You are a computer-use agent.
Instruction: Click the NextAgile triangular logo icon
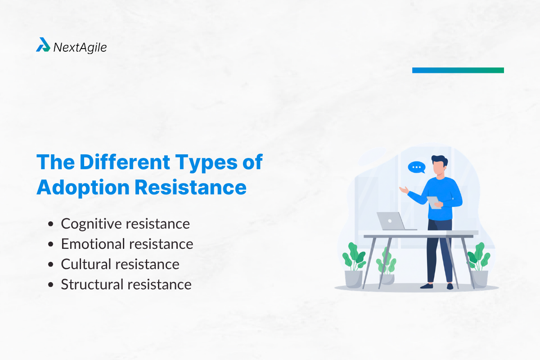43,45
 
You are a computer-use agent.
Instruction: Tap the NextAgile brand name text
80,47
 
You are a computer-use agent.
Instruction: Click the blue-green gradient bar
458,70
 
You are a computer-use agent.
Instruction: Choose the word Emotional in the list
93,244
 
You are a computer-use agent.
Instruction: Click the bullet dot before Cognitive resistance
52,224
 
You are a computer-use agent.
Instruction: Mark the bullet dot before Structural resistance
52,285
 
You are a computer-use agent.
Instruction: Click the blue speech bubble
416,168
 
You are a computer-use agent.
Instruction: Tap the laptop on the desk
391,221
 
